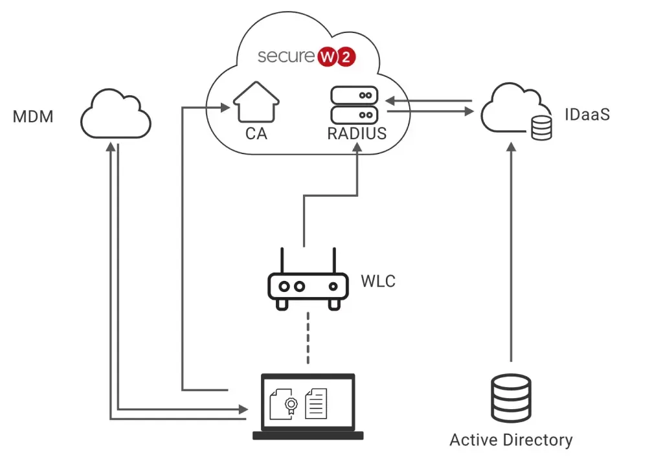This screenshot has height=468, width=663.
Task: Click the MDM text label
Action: pyautogui.click(x=33, y=117)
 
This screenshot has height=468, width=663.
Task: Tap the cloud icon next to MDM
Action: pyautogui.click(x=116, y=115)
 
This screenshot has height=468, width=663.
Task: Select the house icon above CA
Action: pyautogui.click(x=256, y=103)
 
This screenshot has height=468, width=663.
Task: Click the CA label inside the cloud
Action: pyautogui.click(x=256, y=134)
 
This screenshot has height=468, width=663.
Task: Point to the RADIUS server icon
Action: pyautogui.click(x=353, y=106)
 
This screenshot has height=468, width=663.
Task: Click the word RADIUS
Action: pyautogui.click(x=357, y=134)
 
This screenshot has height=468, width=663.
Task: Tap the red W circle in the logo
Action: pyautogui.click(x=326, y=57)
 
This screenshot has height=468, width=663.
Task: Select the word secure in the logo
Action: pyautogui.click(x=286, y=57)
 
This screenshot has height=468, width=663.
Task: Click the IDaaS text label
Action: pyautogui.click(x=586, y=116)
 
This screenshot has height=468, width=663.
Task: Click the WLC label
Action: pyautogui.click(x=378, y=282)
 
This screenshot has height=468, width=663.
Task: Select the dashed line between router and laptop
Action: pyautogui.click(x=308, y=338)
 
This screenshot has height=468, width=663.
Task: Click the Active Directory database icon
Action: pyautogui.click(x=511, y=398)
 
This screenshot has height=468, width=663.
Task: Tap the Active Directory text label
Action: pyautogui.click(x=511, y=440)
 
